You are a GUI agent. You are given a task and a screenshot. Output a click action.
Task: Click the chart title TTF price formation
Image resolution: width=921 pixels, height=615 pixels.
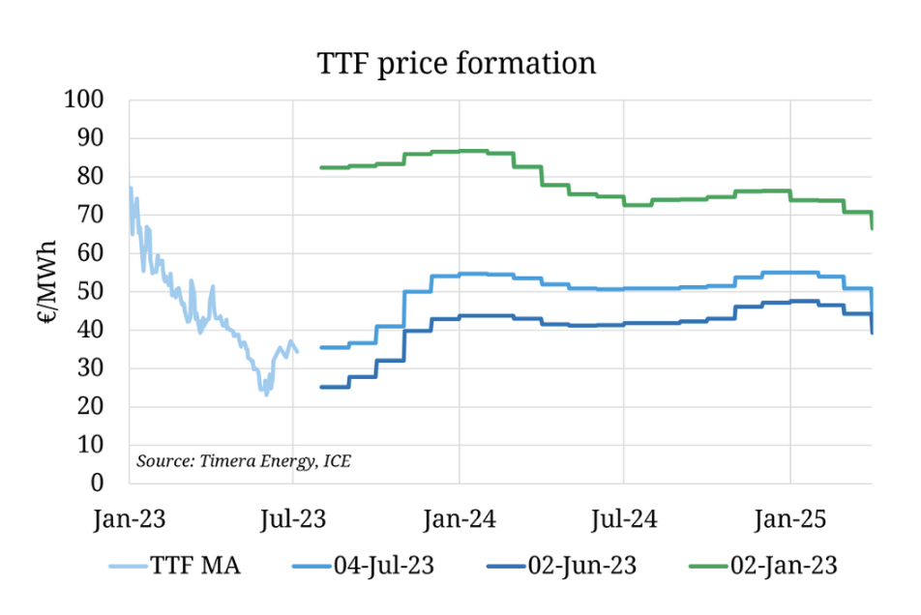[x=457, y=64]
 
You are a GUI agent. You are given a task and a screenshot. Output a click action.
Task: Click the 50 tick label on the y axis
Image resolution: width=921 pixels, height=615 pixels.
[x=102, y=292]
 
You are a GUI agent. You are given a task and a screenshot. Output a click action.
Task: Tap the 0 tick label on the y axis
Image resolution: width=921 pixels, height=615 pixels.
[x=109, y=483]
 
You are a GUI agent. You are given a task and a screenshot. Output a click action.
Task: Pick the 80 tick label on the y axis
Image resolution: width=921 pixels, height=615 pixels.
[x=102, y=177]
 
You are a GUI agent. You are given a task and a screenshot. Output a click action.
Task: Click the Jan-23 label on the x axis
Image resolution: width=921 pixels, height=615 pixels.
[x=130, y=519]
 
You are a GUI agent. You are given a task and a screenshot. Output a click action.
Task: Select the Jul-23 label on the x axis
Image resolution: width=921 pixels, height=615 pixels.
[x=294, y=519]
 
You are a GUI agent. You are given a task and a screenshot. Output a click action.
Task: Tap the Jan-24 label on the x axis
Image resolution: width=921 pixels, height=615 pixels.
[x=460, y=519]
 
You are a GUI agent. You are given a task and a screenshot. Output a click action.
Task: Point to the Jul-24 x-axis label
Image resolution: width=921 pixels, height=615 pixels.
[x=624, y=519]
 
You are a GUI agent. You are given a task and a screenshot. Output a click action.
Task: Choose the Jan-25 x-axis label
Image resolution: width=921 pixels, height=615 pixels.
[x=790, y=519]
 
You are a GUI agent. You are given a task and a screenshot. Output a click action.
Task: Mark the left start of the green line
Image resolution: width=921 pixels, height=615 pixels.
[x=321, y=168]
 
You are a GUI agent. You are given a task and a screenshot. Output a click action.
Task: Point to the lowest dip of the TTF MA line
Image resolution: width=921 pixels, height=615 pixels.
[x=267, y=394]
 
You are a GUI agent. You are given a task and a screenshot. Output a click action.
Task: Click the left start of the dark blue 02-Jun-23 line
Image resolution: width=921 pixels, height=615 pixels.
[x=321, y=387]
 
